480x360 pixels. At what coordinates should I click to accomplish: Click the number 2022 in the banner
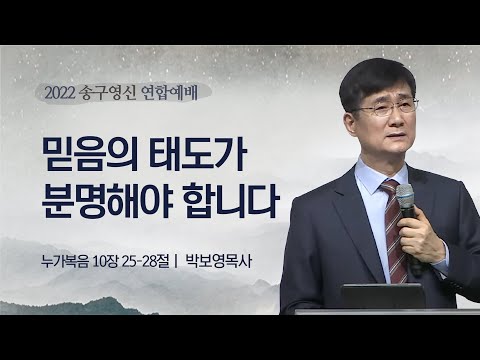click(x=63, y=95)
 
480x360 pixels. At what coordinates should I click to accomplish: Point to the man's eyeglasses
click(x=385, y=107)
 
